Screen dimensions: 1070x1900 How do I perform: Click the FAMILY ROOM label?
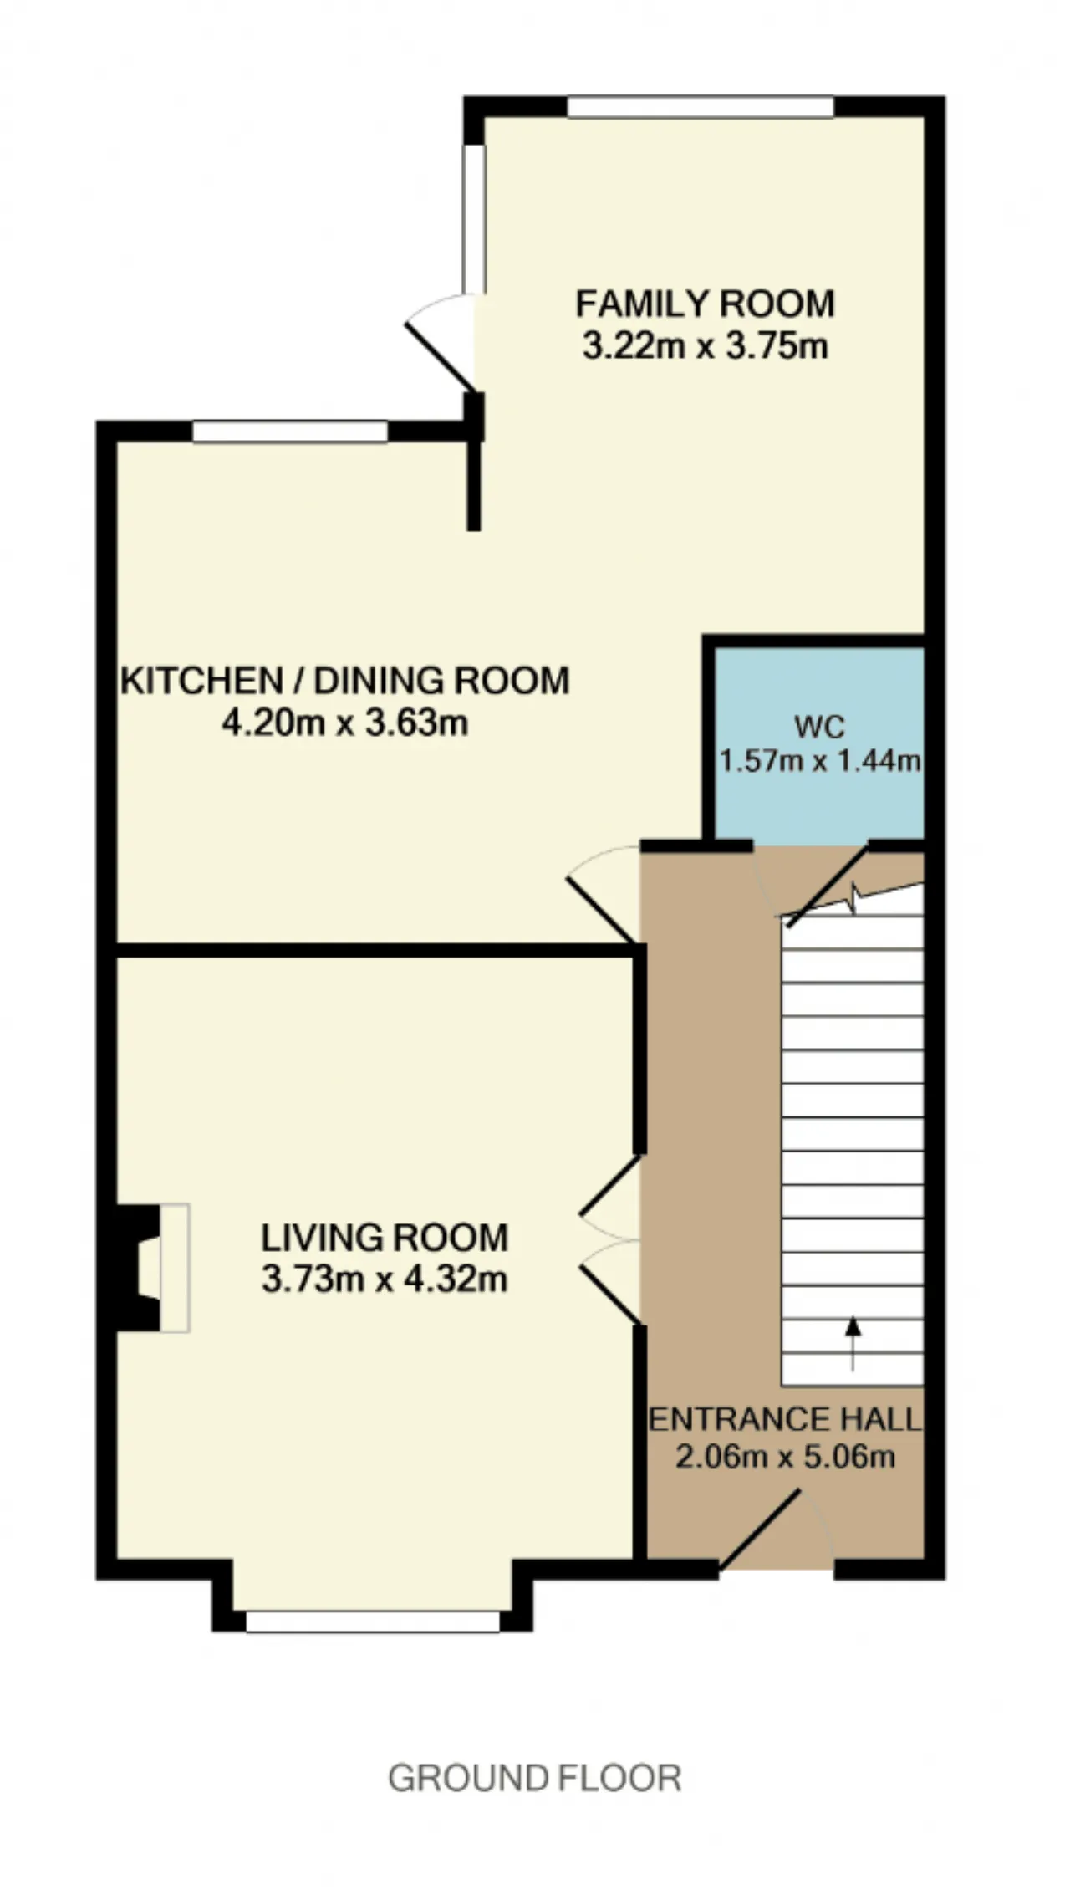[x=705, y=303]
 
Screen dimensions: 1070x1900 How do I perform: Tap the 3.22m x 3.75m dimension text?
[x=705, y=345]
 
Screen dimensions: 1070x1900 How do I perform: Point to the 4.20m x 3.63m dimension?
[x=344, y=723]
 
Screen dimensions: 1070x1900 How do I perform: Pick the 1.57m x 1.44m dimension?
[x=820, y=761]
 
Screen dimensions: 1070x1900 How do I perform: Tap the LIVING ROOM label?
[x=385, y=1238]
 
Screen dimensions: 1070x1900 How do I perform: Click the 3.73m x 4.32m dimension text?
[x=385, y=1279]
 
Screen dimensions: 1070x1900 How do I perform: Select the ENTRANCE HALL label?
[x=785, y=1419]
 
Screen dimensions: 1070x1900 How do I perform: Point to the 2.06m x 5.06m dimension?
[x=785, y=1457]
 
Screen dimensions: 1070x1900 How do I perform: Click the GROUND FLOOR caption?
[x=535, y=1778]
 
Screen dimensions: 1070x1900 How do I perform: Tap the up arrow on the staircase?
[x=853, y=1344]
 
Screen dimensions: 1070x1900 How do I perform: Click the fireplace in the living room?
[x=150, y=1268]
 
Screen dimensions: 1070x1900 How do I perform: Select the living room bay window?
[x=372, y=1621]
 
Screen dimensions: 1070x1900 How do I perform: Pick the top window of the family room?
[x=701, y=107]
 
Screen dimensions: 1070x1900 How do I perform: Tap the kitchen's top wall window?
[x=290, y=432]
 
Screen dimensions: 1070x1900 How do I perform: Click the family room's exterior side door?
[x=441, y=343]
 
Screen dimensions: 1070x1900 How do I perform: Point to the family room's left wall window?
[x=475, y=219]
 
